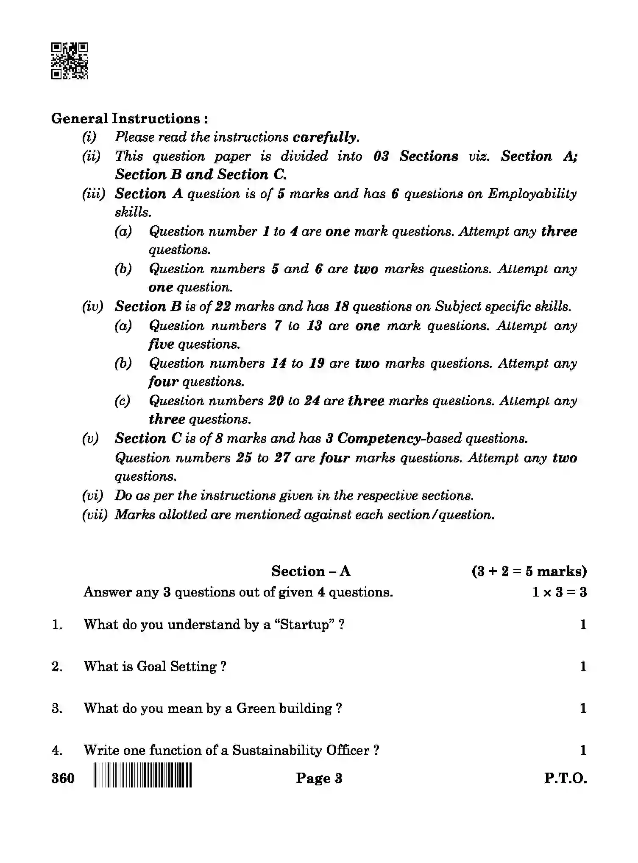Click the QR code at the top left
[x=70, y=61]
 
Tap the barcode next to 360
[x=143, y=775]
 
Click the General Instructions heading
[x=130, y=118]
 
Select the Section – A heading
[x=311, y=571]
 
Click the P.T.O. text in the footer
[x=566, y=778]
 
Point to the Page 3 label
[x=319, y=778]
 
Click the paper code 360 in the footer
[x=63, y=778]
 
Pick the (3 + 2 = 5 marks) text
[x=529, y=571]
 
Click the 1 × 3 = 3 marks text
[x=559, y=592]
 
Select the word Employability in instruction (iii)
[x=532, y=194]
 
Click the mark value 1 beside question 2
[x=583, y=667]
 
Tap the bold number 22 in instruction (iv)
[x=222, y=306]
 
